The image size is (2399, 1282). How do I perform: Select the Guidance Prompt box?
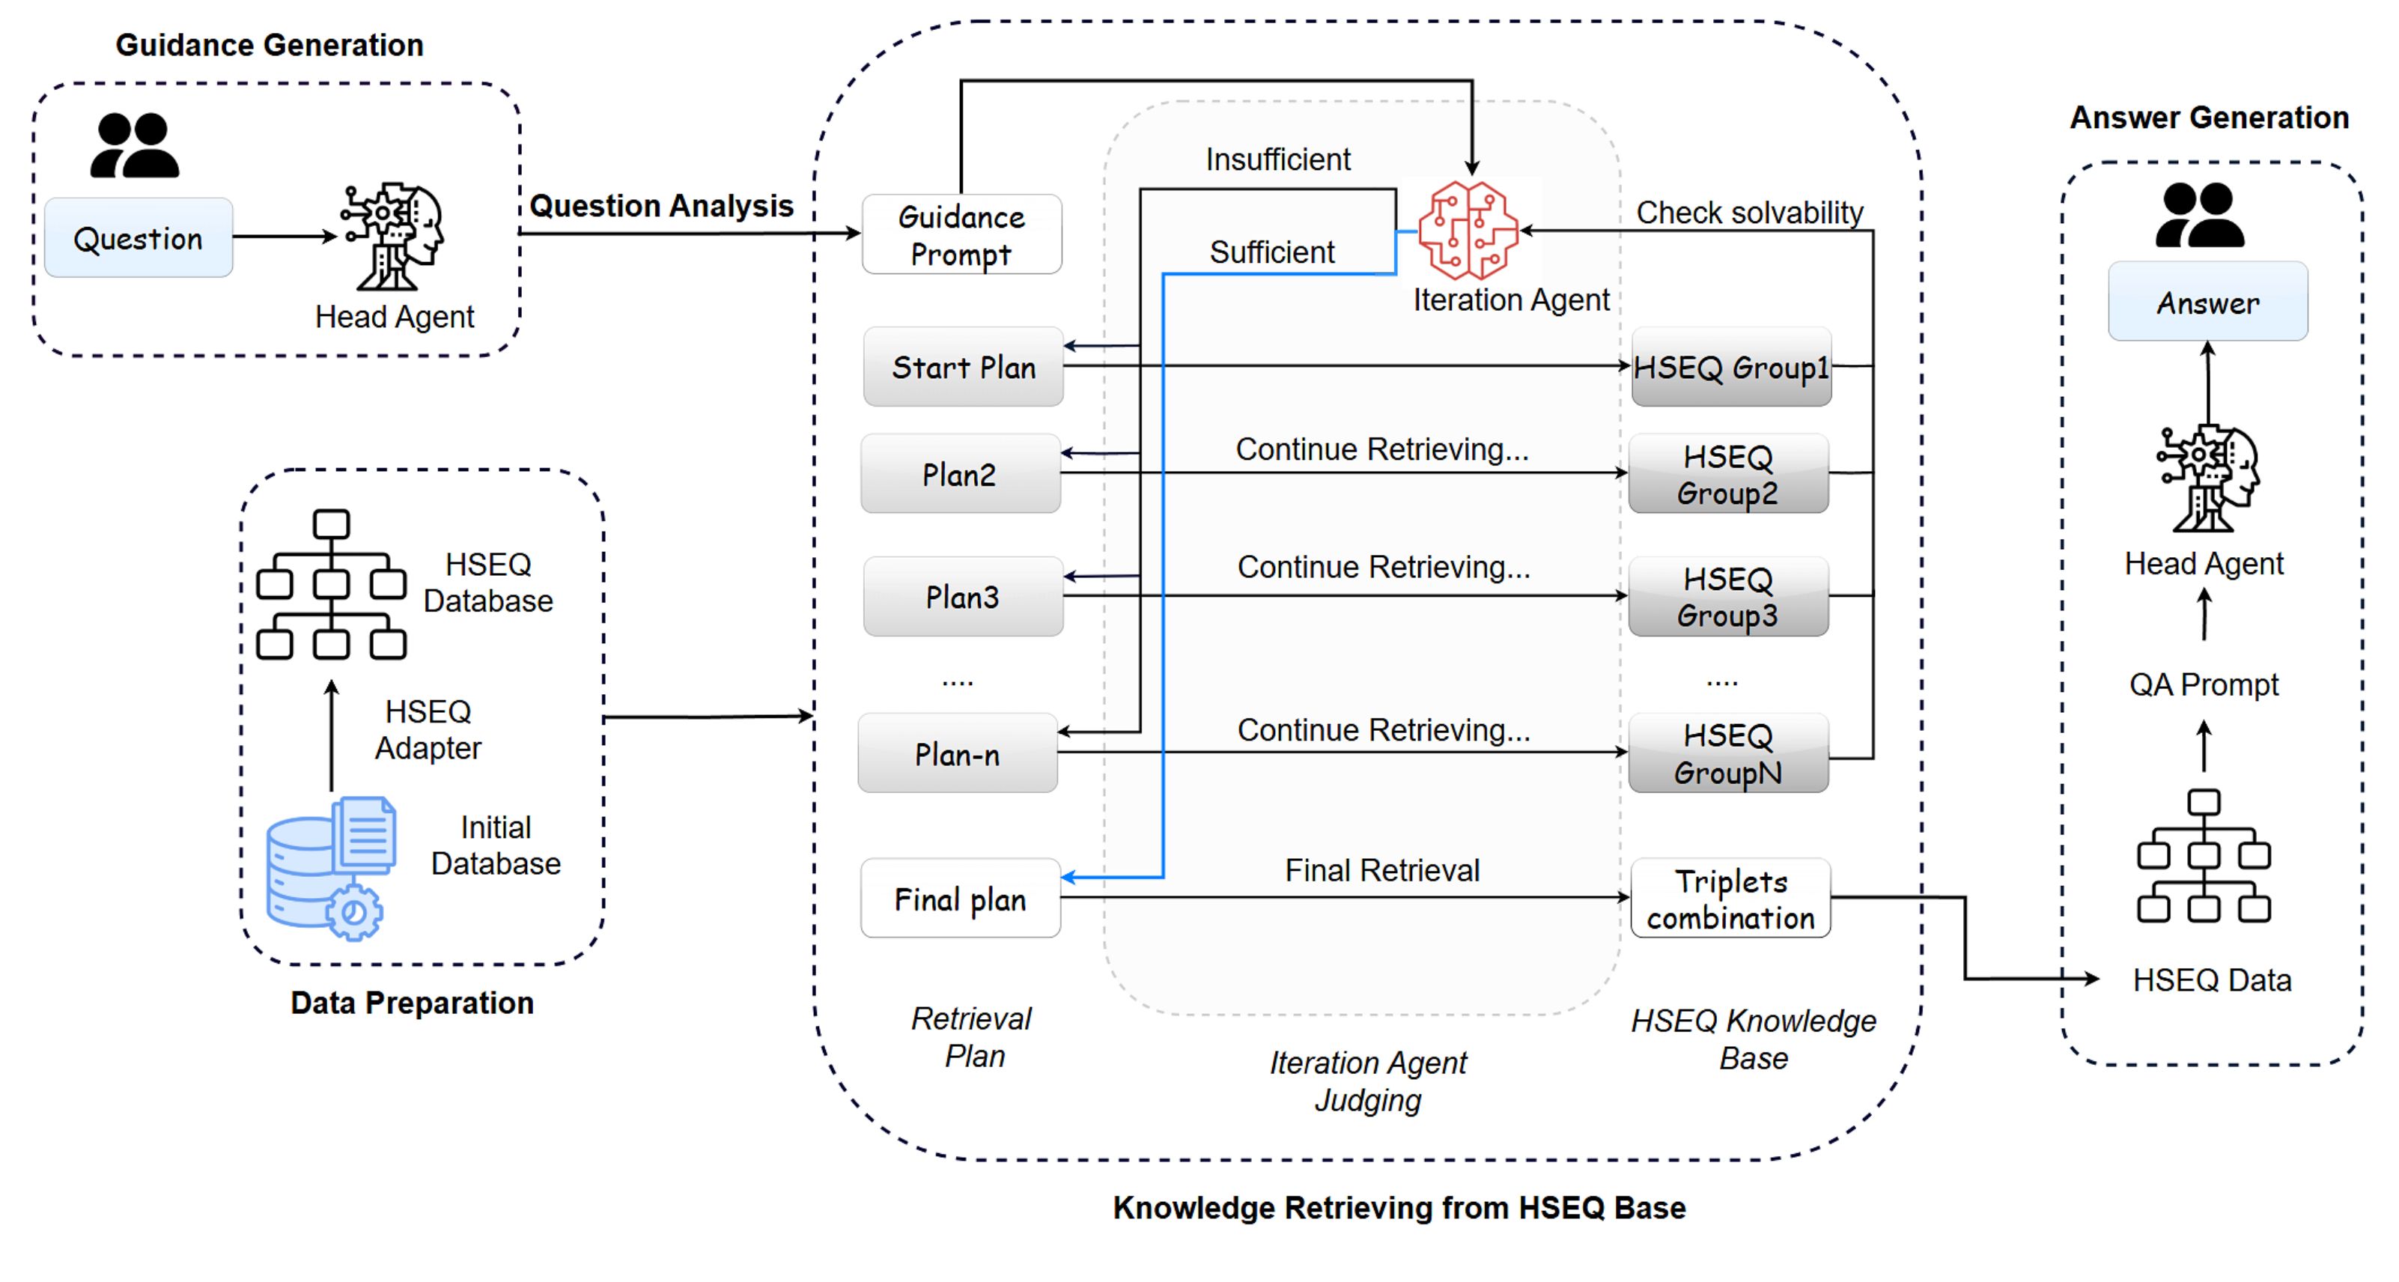(x=961, y=235)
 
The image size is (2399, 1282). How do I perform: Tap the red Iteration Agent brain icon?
(x=1468, y=230)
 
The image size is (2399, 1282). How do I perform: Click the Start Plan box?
(x=963, y=367)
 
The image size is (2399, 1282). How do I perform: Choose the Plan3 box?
(x=962, y=596)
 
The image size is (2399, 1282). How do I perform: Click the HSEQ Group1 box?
(x=1730, y=367)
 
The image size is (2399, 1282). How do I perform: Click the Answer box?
(x=2207, y=302)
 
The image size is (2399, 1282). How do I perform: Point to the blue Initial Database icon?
(x=331, y=867)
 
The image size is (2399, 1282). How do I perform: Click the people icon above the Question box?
(x=134, y=145)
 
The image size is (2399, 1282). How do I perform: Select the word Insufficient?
(x=1277, y=160)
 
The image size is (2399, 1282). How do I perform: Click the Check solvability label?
(x=1749, y=213)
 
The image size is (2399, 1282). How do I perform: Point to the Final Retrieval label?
(x=1382, y=870)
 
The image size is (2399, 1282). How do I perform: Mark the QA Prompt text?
(x=2204, y=684)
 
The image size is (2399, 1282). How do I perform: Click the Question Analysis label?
(x=661, y=205)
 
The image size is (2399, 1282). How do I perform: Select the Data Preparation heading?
(x=412, y=1003)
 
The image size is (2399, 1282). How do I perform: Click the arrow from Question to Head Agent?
(x=284, y=237)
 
